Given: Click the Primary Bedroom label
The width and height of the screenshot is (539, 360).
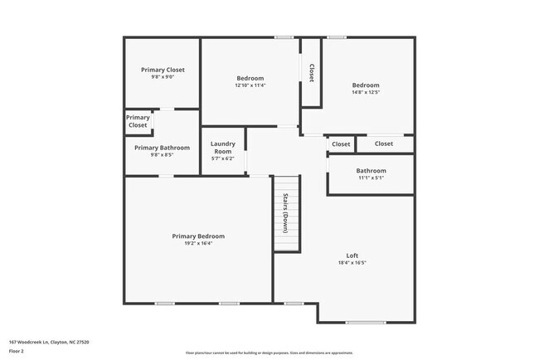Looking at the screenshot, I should coord(198,236).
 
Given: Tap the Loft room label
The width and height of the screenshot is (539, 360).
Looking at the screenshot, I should coord(352,255).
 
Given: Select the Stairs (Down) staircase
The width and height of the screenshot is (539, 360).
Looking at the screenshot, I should coord(286,213).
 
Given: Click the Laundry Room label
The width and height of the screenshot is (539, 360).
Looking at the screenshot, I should coord(223,148).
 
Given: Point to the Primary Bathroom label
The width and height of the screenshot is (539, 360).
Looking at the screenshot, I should coord(163,148).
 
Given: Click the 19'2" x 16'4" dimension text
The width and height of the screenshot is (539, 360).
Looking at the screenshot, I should coord(198,244).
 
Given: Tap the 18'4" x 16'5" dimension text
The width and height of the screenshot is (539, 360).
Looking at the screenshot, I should coord(352,262).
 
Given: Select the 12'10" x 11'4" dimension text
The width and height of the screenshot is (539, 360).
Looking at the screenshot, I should coord(250,85).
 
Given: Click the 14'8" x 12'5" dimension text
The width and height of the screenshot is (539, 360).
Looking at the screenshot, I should coord(366,92).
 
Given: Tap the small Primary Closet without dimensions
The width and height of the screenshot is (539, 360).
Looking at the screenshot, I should coord(138,121).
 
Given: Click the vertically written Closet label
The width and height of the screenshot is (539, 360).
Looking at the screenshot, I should coord(311,72).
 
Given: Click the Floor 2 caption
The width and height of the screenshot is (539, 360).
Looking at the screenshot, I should coord(17,351).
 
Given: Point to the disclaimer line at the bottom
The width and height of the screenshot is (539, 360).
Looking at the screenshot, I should coord(269,353).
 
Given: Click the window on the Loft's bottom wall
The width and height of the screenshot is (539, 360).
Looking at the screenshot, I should coord(366,322).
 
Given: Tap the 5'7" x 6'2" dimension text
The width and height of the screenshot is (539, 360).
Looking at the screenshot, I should coord(223,158).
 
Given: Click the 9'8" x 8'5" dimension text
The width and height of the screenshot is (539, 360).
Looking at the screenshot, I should coord(163,154).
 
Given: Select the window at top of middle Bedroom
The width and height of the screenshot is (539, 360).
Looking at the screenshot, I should coord(284,36).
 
